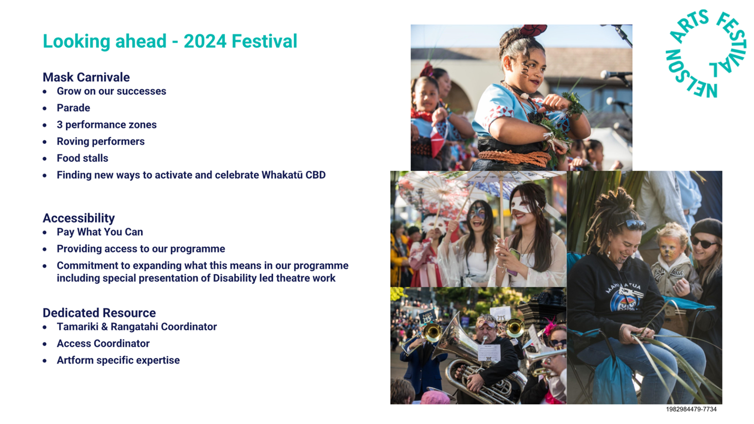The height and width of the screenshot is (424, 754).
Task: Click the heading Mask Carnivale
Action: [86, 77]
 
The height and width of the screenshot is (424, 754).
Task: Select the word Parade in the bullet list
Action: [73, 108]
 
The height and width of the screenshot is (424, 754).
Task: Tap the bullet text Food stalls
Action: [83, 158]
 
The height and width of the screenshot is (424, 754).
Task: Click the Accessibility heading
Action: [79, 218]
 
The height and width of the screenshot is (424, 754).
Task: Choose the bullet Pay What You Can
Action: [100, 232]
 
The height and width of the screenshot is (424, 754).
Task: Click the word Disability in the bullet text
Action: [235, 278]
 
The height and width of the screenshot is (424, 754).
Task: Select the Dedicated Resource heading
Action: [99, 313]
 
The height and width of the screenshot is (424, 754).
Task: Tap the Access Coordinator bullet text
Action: [103, 343]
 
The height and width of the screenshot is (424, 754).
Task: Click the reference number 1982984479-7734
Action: [691, 409]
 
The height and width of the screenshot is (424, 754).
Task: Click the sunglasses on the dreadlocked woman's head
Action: [633, 225]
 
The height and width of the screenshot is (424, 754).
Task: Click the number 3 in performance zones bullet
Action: [60, 124]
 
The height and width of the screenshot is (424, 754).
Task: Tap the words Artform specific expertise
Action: [118, 360]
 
